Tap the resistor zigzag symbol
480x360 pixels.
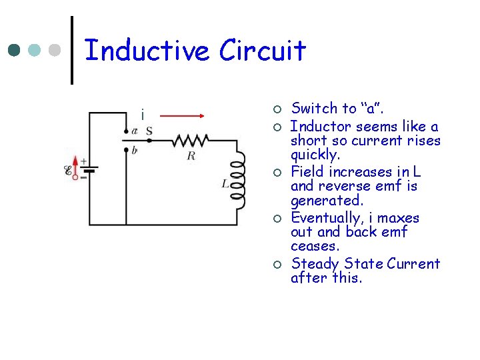pyautogui.click(x=191, y=141)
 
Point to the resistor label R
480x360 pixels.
pyautogui.click(x=191, y=155)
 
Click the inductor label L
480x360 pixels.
pyautogui.click(x=226, y=182)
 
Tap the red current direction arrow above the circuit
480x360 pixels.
pyautogui.click(x=181, y=115)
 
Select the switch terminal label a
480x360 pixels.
pyautogui.click(x=135, y=131)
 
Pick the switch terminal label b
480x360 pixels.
pyautogui.click(x=135, y=151)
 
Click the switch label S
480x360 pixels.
pyautogui.click(x=149, y=131)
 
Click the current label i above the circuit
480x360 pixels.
pyautogui.click(x=142, y=115)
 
